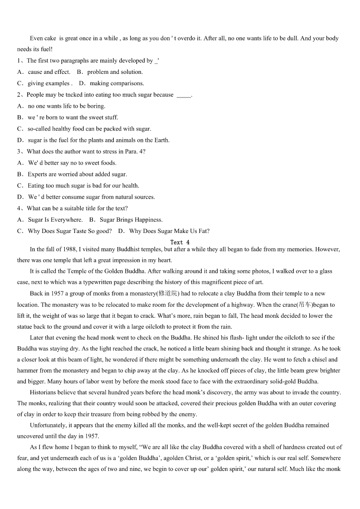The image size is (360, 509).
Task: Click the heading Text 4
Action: [x=180, y=242]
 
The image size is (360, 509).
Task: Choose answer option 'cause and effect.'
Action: [x=49, y=72]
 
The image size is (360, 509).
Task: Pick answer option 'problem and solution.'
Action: [x=115, y=72]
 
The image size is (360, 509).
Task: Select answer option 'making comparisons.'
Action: [x=117, y=83]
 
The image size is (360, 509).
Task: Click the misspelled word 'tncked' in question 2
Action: [x=74, y=95]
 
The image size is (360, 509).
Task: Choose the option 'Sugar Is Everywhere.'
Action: [x=55, y=220]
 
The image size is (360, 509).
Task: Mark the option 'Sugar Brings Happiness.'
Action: [x=131, y=220]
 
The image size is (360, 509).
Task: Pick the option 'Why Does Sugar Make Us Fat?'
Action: [x=169, y=231]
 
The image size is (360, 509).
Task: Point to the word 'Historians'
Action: [x=44, y=392]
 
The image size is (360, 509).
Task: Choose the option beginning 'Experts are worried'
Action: [x=77, y=174]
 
